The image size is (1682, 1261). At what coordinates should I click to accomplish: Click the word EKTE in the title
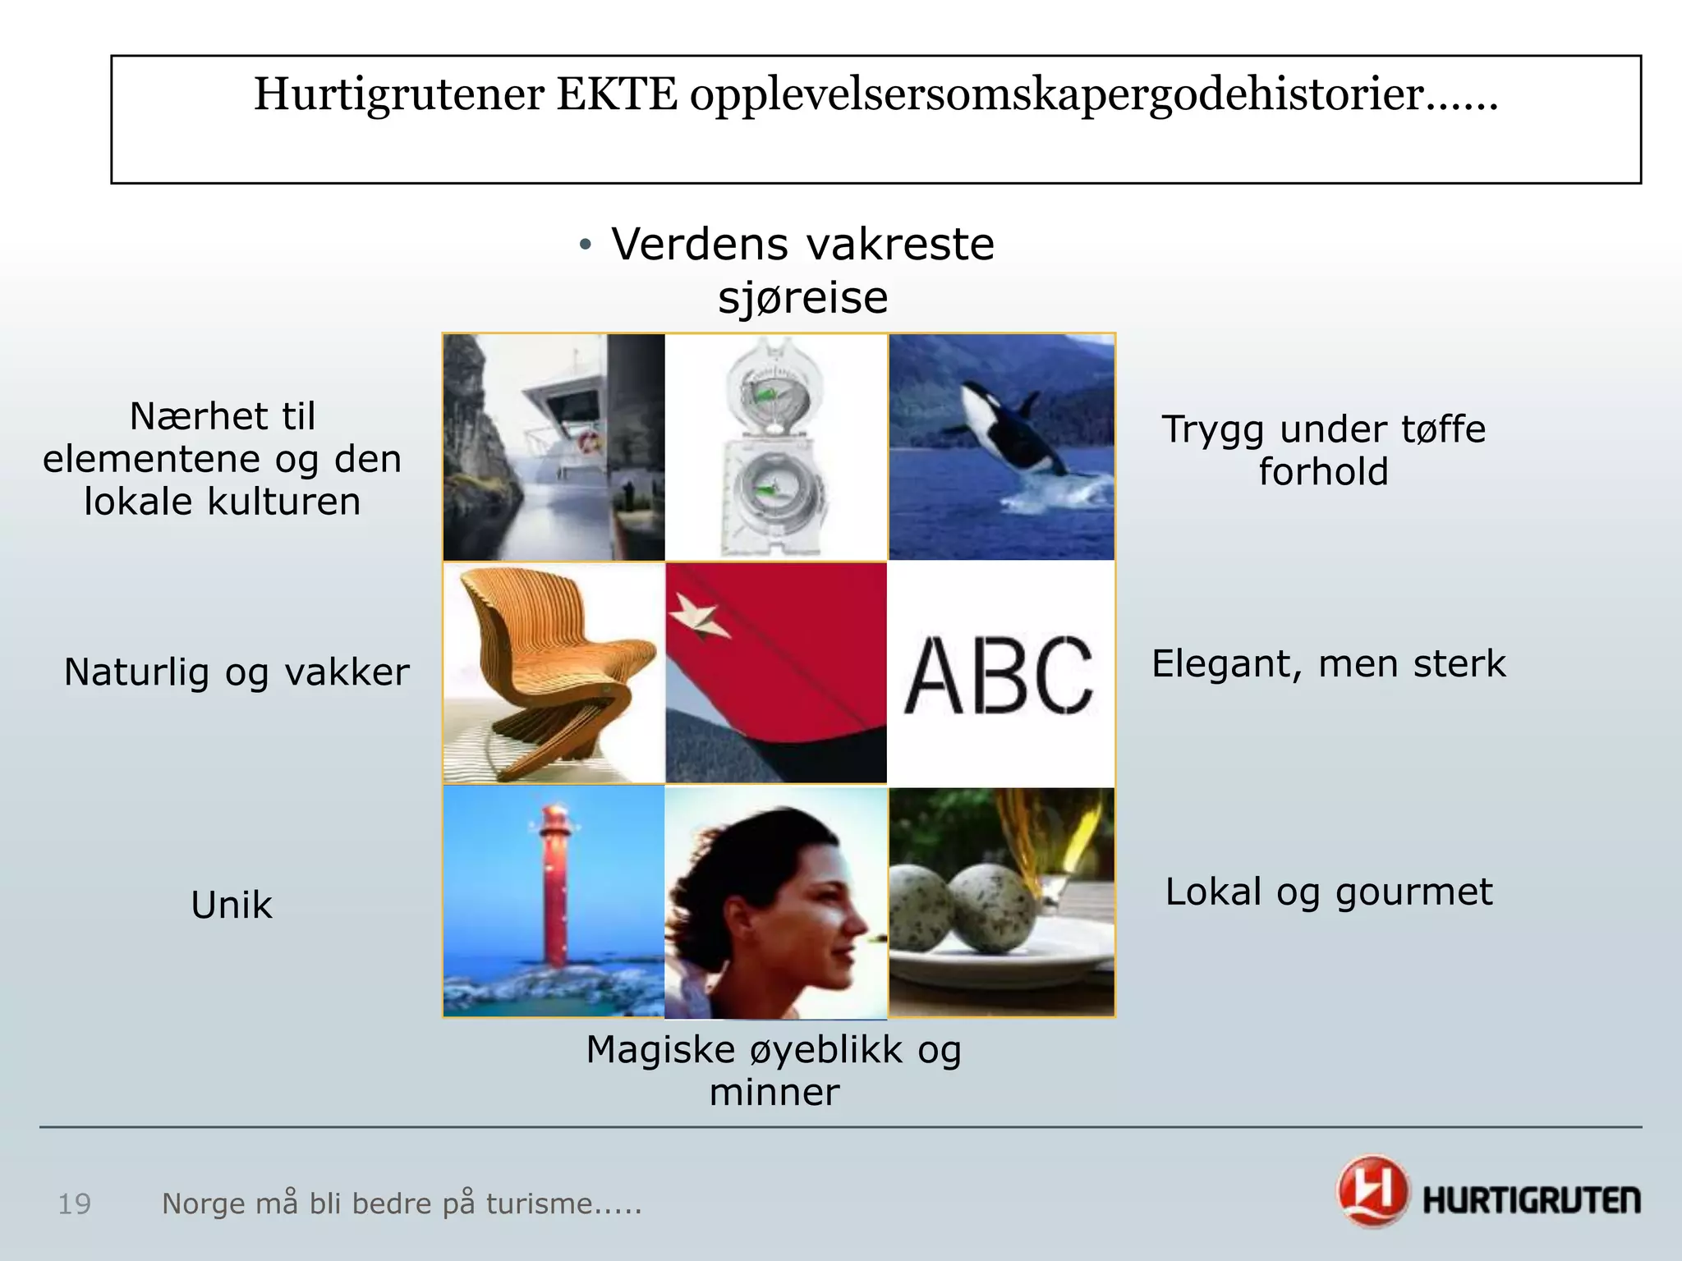coord(618,94)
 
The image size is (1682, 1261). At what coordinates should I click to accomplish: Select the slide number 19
coord(74,1204)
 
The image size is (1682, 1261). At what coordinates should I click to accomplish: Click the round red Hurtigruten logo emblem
coord(1372,1190)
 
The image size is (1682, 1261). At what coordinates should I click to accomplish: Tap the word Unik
coord(232,906)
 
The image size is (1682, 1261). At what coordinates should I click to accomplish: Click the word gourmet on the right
coord(1413,892)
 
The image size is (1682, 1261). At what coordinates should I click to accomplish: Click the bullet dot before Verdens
coord(585,245)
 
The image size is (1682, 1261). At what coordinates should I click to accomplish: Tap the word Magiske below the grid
coord(660,1050)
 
